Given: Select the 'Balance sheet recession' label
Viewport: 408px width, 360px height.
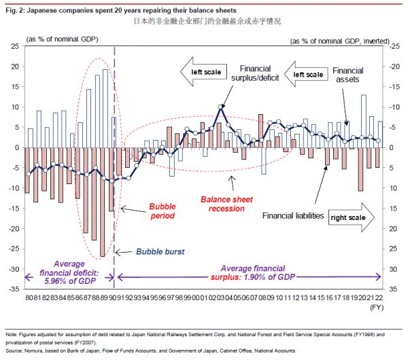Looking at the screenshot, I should (x=222, y=204).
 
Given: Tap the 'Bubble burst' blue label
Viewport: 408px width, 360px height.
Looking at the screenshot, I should (x=160, y=251).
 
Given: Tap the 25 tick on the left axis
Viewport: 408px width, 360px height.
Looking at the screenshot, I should (x=14, y=46).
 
